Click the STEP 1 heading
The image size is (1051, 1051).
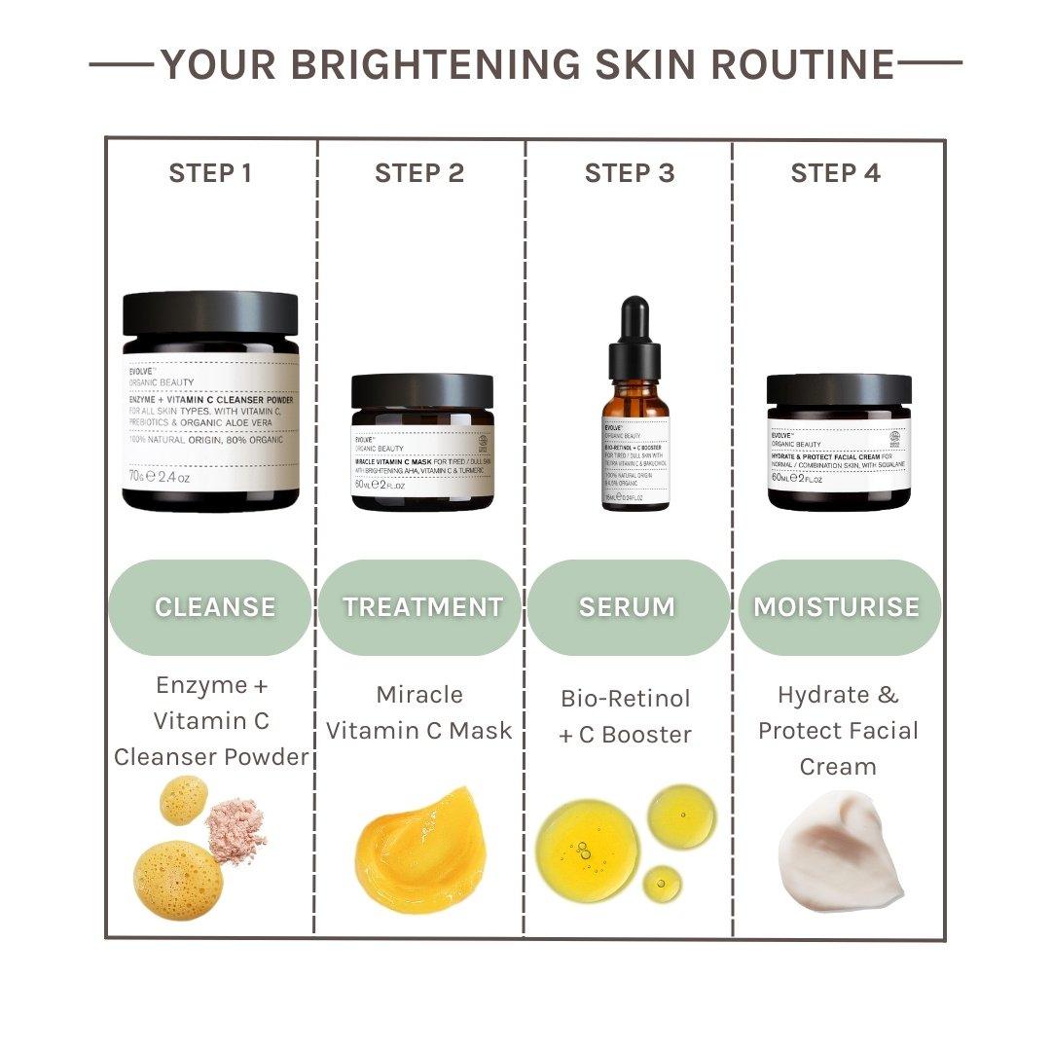click(x=210, y=173)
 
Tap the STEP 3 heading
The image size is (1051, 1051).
click(x=629, y=173)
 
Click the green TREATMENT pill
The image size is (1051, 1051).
click(x=420, y=607)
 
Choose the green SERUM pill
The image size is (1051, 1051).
click(x=629, y=607)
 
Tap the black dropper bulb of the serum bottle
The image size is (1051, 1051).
click(x=634, y=321)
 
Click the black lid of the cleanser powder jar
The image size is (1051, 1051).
click(x=210, y=313)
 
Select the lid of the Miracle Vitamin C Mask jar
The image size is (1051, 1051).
click(x=422, y=391)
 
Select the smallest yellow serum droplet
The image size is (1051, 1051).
click(x=662, y=883)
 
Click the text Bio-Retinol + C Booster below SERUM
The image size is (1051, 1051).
click(x=626, y=716)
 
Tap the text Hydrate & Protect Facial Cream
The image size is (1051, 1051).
click(x=839, y=731)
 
